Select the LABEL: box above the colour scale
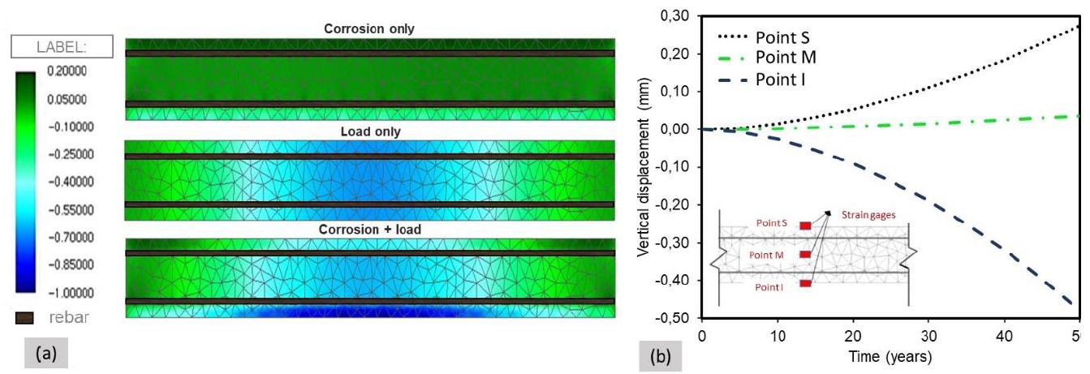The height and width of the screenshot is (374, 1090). [x=61, y=48]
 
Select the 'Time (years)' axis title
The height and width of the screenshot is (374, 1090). [x=890, y=355]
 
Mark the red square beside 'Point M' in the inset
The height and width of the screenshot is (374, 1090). [x=805, y=255]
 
